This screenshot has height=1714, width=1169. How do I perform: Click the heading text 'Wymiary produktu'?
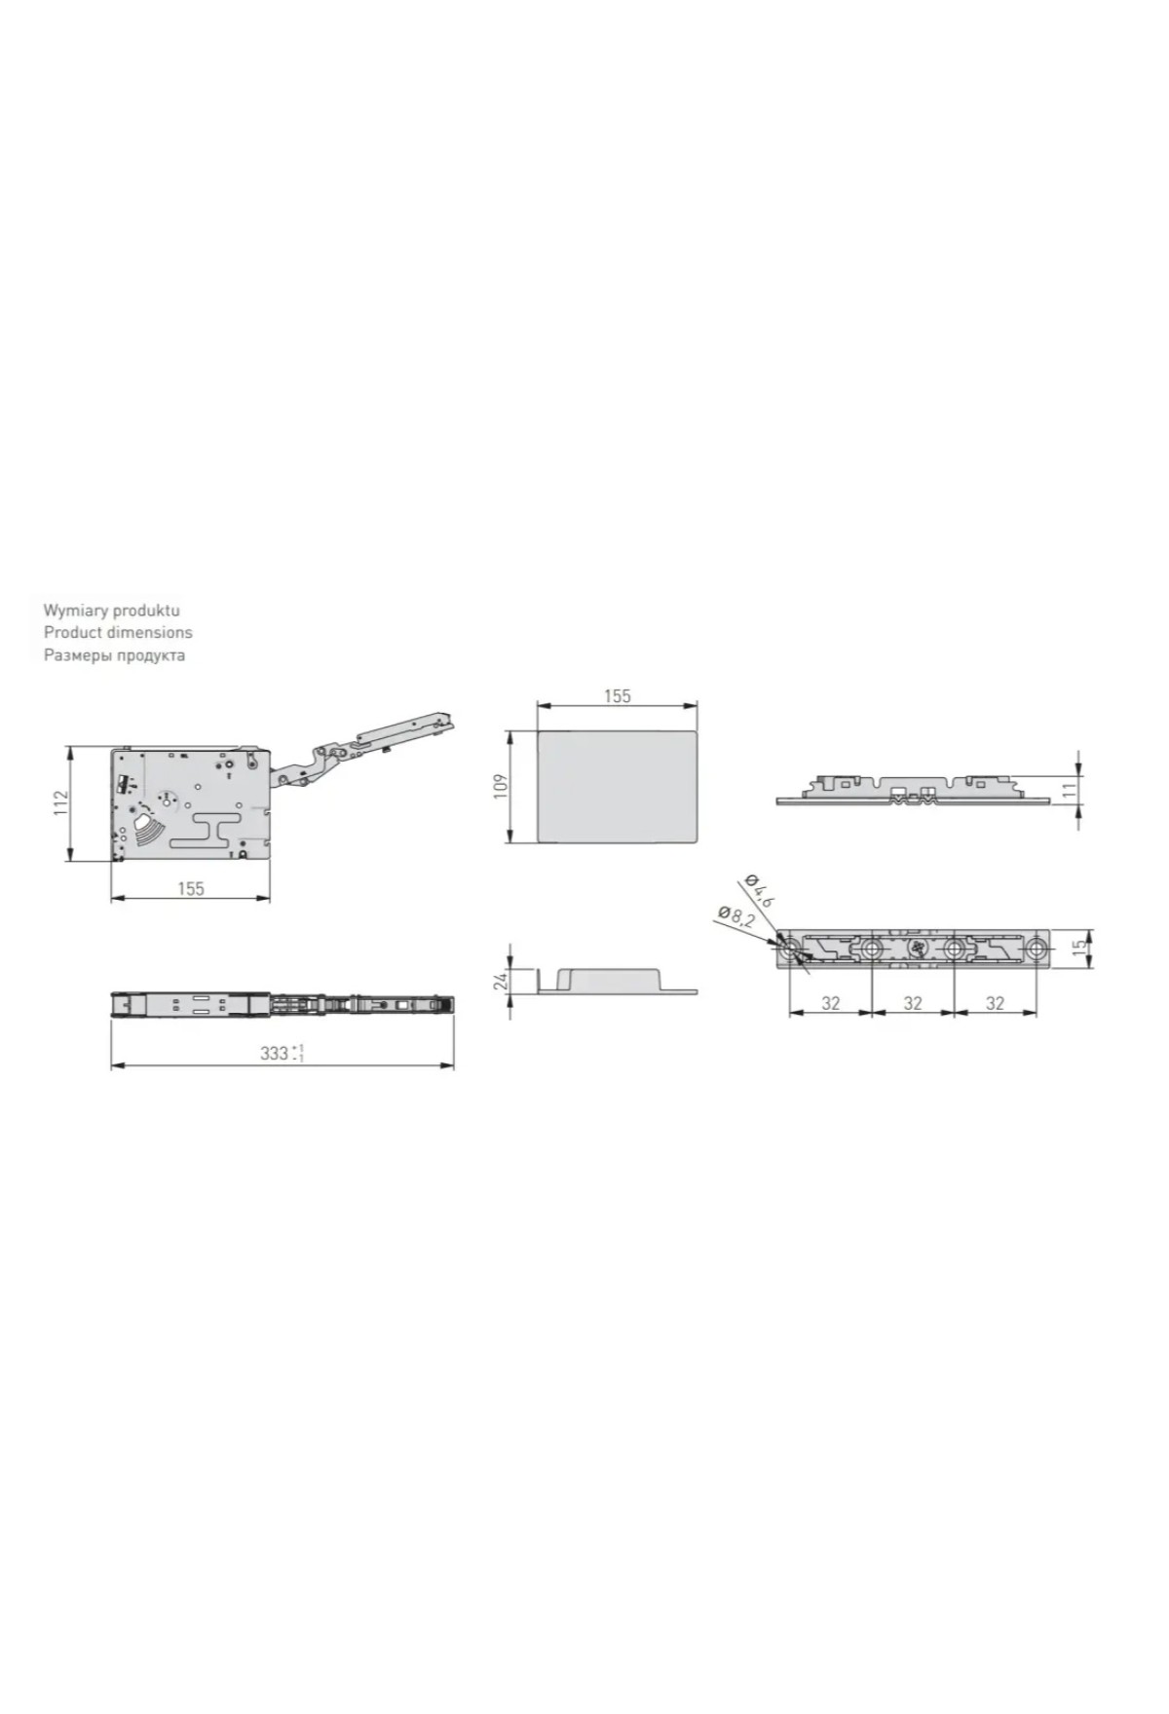[x=111, y=611]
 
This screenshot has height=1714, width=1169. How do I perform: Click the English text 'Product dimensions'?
[x=118, y=632]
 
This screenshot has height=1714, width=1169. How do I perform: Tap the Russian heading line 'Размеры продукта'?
[x=114, y=654]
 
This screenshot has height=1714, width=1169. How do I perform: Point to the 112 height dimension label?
[x=61, y=803]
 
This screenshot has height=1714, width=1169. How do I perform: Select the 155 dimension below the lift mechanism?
[x=191, y=888]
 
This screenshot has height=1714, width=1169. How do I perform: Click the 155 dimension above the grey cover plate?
[x=617, y=696]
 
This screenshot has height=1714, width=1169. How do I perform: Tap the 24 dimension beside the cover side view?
[x=502, y=981]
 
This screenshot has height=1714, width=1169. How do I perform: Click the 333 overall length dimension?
[x=283, y=1053]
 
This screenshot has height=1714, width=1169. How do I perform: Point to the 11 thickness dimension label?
[x=1070, y=789]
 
